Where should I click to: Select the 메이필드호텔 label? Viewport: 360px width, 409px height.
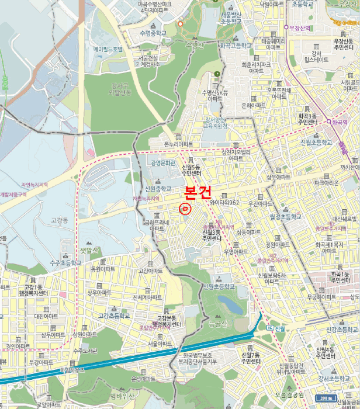[x=109, y=49]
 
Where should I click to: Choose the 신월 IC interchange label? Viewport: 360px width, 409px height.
[x=275, y=328]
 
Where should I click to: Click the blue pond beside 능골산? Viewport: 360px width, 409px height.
[x=229, y=303]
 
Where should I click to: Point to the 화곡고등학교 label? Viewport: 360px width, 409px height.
[x=236, y=45]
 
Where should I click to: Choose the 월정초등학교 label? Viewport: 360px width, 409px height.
[x=285, y=216]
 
